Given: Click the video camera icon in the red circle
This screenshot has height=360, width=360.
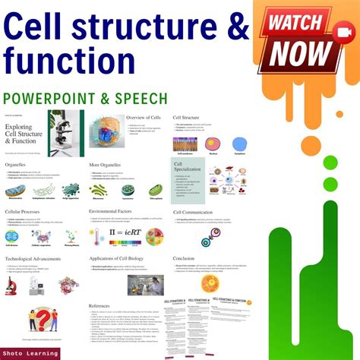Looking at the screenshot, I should point(339,27).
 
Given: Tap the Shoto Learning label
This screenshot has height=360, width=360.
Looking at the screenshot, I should point(30,352).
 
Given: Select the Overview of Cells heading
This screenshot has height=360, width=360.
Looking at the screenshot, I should point(146,118).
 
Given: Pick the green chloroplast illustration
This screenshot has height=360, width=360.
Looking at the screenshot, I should point(156,190).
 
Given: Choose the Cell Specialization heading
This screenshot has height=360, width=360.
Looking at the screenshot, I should point(186,166).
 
